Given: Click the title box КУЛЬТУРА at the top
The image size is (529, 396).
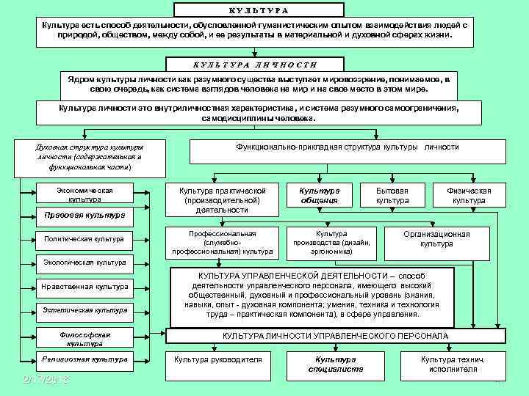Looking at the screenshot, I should [259, 10].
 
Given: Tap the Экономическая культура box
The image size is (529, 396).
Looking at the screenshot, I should [84, 194].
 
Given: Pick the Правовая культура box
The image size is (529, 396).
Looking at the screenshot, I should [84, 216].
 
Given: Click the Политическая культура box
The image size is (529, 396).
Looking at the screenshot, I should [84, 238].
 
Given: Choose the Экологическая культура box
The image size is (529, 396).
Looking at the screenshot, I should [84, 262].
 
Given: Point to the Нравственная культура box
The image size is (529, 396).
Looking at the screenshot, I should [84, 286].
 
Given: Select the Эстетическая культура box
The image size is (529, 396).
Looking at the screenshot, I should [84, 309].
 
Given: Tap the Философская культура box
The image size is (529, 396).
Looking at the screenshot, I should [84, 337].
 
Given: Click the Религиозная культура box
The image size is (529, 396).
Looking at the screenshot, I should [84, 359].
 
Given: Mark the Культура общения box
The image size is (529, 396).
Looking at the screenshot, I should [319, 195].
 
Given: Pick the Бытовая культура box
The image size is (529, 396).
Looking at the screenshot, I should [392, 195].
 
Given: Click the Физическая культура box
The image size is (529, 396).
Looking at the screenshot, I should [469, 195].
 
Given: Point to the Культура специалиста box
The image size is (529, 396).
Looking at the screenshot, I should [334, 364].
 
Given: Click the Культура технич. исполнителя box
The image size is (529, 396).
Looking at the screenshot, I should [453, 364].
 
